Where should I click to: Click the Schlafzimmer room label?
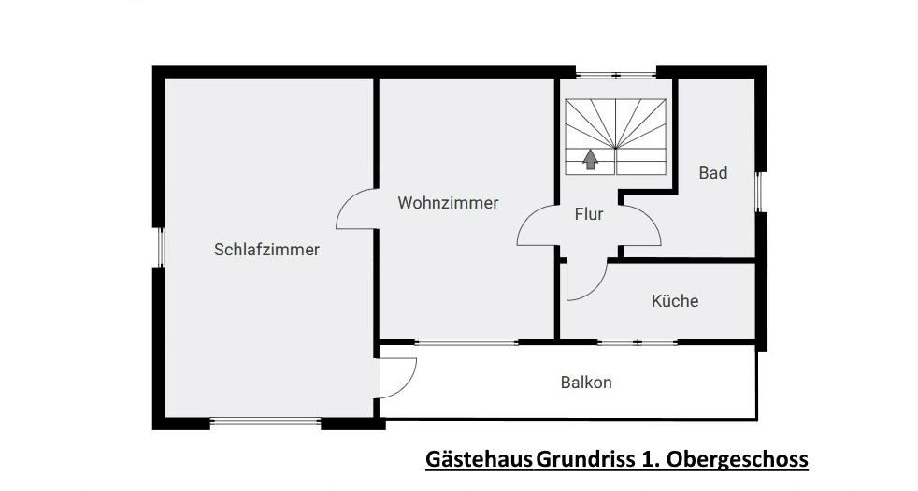[x=266, y=250]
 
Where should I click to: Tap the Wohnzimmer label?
[x=448, y=203]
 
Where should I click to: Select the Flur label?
[x=588, y=214]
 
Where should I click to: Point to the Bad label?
[x=713, y=173]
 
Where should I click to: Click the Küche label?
[x=675, y=300]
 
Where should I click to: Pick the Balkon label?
[x=586, y=383]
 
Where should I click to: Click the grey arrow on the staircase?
[x=590, y=159]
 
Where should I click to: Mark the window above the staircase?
[x=615, y=75]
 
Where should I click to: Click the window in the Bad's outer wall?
[x=759, y=192]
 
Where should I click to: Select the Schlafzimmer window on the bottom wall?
[x=265, y=421]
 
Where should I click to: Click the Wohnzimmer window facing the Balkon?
[x=466, y=342]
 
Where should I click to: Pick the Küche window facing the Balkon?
[x=638, y=342]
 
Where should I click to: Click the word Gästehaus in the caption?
[x=479, y=459]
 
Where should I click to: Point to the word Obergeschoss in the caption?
[x=738, y=459]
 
